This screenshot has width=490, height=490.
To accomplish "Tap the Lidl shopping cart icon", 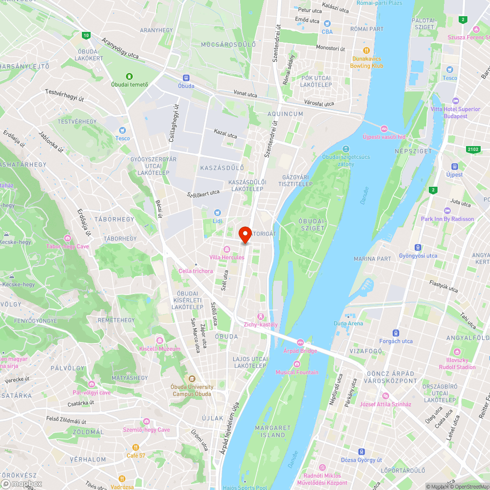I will pyautogui.click(x=217, y=212).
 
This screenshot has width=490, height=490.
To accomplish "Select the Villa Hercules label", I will pyautogui.click(x=226, y=258).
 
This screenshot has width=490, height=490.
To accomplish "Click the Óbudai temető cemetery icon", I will pyautogui.click(x=129, y=76).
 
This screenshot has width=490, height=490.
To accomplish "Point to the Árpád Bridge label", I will pyautogui.click(x=300, y=351).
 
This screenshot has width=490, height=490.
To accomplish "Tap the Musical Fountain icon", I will pyautogui.click(x=296, y=364).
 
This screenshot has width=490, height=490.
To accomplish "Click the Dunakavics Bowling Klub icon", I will pyautogui.click(x=366, y=50).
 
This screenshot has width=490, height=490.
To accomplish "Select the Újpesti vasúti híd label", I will pyautogui.click(x=384, y=137).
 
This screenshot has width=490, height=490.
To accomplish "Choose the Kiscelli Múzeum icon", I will pyautogui.click(x=159, y=341).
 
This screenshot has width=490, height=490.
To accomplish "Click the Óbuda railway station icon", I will pyautogui.click(x=186, y=77).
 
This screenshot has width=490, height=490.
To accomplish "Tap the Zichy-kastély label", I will pyautogui.click(x=261, y=324).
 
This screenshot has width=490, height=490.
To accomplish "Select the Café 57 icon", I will pyautogui.click(x=136, y=447).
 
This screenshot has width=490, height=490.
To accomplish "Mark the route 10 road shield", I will pyautogui.click(x=86, y=35).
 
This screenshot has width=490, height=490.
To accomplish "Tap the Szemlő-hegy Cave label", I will pyautogui.click(x=149, y=430).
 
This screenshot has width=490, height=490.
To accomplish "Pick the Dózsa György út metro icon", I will pyautogui.click(x=362, y=451).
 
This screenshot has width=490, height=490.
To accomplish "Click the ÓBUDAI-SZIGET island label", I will pyautogui.click(x=312, y=224).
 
